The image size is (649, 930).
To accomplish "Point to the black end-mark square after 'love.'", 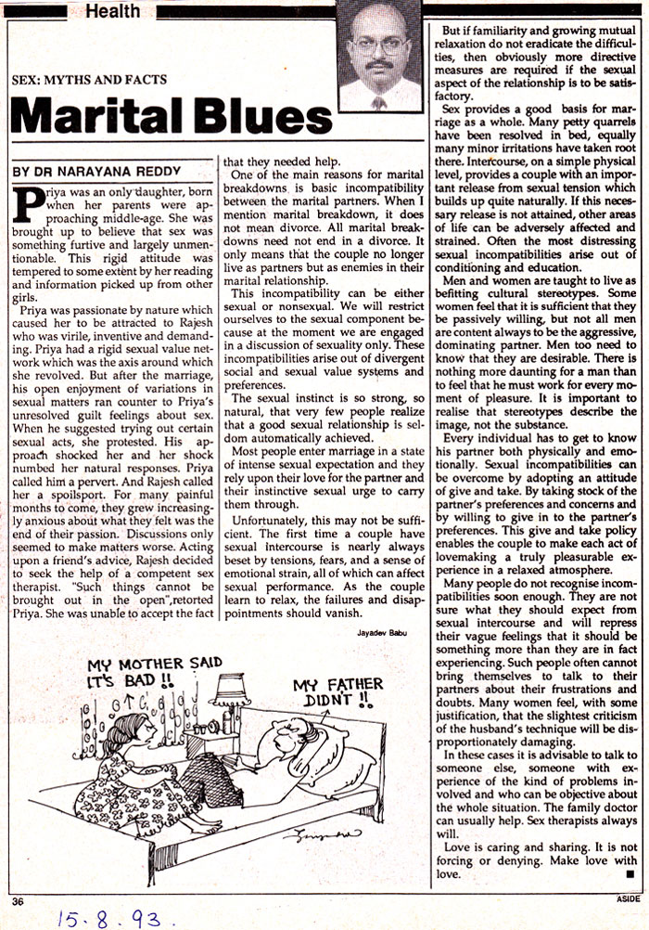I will point(630,873).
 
